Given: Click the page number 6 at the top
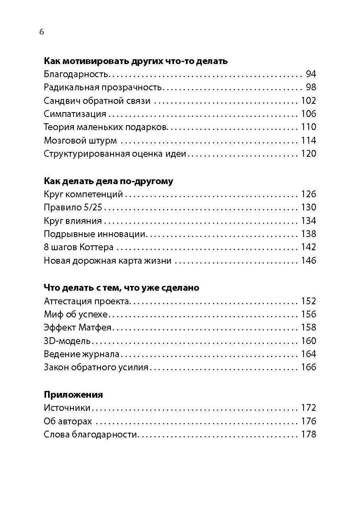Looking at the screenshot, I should pyautogui.click(x=42, y=32).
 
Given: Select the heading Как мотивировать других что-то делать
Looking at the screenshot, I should pyautogui.click(x=135, y=61).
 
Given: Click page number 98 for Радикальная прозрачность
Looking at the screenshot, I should pyautogui.click(x=311, y=87).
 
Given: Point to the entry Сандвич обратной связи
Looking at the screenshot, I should pyautogui.click(x=97, y=101).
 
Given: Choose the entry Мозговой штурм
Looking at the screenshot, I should pyautogui.click(x=80, y=141).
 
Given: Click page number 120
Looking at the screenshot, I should pyautogui.click(x=308, y=154).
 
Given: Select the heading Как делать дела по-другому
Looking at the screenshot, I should pyautogui.click(x=108, y=181).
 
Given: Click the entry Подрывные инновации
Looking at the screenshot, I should pyautogui.click(x=95, y=234).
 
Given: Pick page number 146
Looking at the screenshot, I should pyautogui.click(x=308, y=261).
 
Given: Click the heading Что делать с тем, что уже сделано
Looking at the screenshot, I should pyautogui.click(x=121, y=288).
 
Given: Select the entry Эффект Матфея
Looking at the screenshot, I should pyautogui.click(x=78, y=328).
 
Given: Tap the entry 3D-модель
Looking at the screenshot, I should pyautogui.click(x=67, y=341).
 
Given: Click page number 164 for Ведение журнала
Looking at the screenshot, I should pyautogui.click(x=308, y=354).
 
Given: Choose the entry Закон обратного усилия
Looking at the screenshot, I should pyautogui.click(x=96, y=367).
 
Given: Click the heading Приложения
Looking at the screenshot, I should pyautogui.click(x=73, y=395).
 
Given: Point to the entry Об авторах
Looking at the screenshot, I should pyautogui.click(x=68, y=421).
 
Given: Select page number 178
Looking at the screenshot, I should pyautogui.click(x=308, y=434).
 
